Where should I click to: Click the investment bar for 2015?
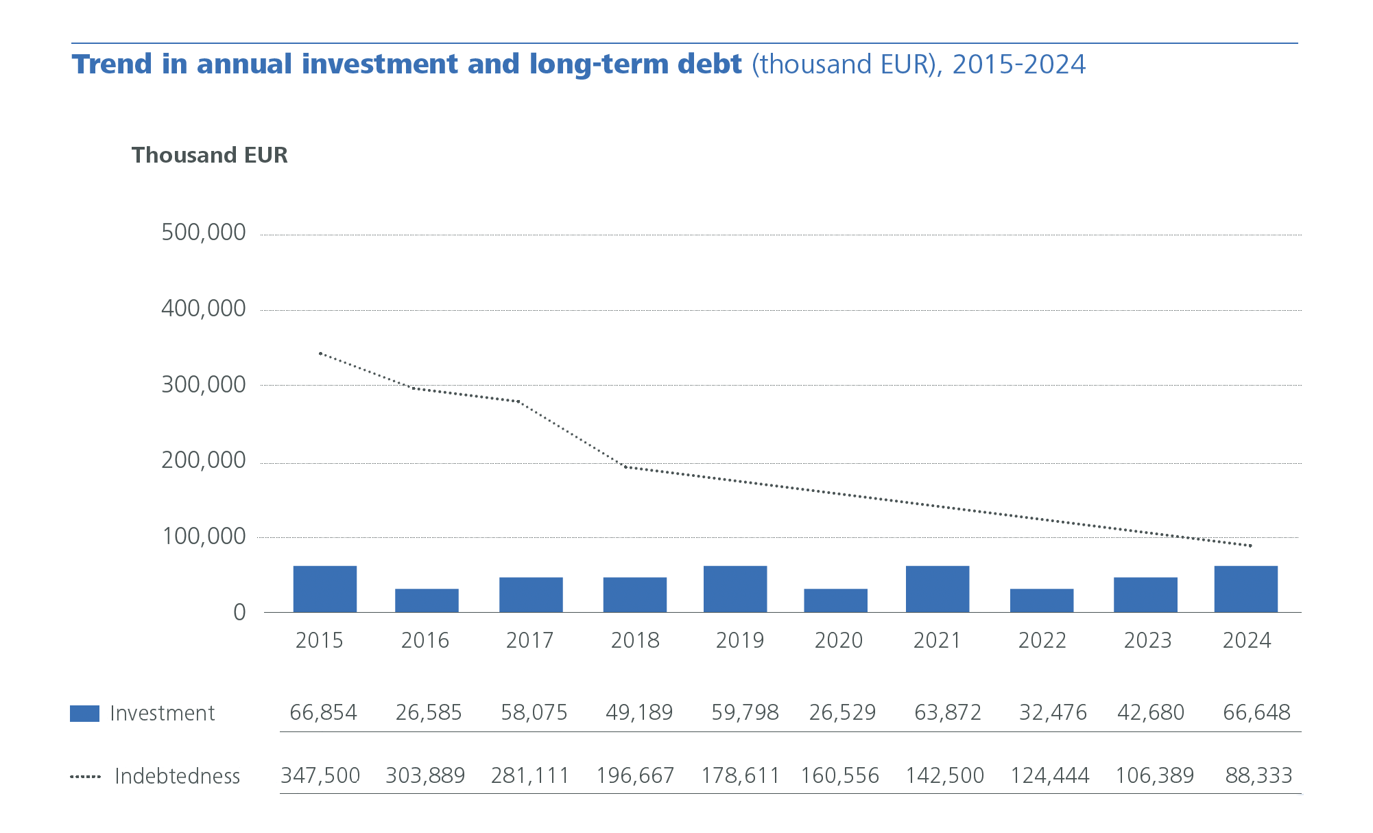coord(324,589)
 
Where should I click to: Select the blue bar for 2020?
coord(835,600)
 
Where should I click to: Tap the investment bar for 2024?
coord(1245,589)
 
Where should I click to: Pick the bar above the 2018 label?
coord(634,594)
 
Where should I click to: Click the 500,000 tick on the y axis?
coord(203,233)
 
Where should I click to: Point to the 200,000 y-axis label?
coord(203,460)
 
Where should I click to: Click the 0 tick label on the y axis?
coord(239,612)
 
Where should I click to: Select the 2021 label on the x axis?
coord(936,640)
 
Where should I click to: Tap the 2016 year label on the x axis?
coord(425,640)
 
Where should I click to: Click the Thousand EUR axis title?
coord(209,155)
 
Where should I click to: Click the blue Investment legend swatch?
coord(84,714)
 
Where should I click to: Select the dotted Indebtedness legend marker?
coord(85,777)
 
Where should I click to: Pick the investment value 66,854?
coord(323,712)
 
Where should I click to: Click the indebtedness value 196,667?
coord(635,775)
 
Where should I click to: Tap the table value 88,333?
coord(1258,775)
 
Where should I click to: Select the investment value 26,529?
coord(842,712)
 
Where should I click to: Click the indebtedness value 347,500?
coord(320,775)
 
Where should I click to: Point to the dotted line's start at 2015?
coord(320,353)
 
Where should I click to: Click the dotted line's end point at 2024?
coord(1250,545)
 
